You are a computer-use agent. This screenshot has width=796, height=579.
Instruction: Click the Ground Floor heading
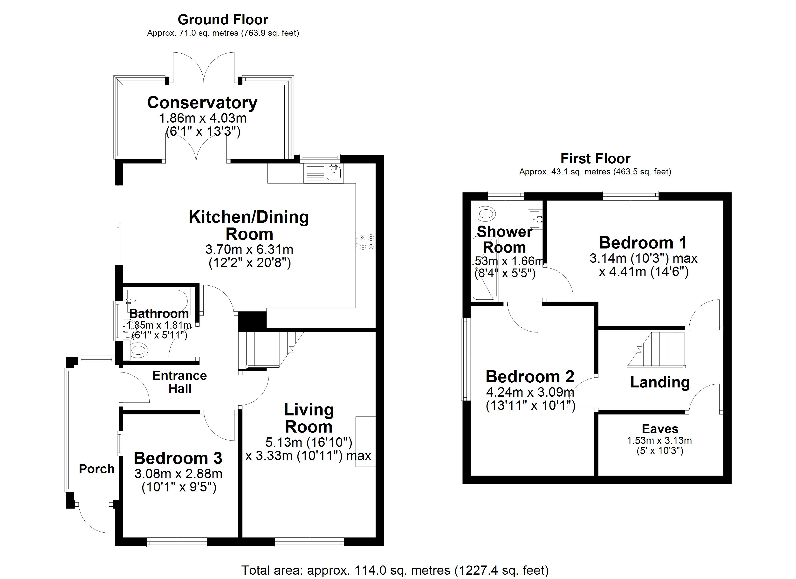pos(223,20)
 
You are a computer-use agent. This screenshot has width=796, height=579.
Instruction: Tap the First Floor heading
pos(595,159)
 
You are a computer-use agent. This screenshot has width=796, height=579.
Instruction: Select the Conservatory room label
pos(202,103)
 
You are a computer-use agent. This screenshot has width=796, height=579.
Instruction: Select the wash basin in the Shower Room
pos(535,217)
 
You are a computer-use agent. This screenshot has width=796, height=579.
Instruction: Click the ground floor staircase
pos(267,349)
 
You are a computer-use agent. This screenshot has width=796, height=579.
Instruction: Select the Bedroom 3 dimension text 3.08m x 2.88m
pos(178,474)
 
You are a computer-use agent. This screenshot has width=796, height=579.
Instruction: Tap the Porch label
pos(96,469)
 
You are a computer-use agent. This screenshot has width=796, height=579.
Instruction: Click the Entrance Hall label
pos(180,382)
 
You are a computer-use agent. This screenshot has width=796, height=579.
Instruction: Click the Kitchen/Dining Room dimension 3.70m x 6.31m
pos(249,249)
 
